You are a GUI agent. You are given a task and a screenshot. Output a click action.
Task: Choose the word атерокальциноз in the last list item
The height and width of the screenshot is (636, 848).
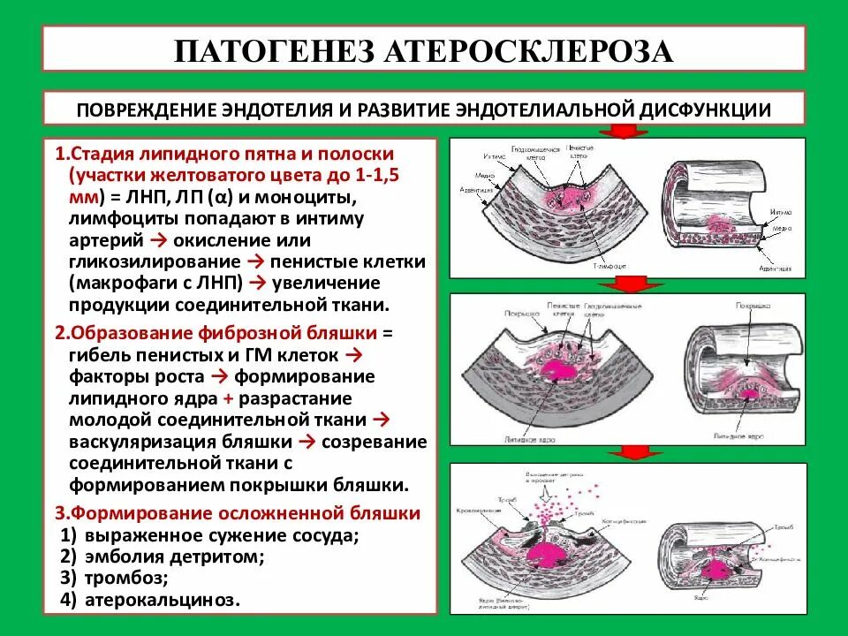click(x=163, y=600)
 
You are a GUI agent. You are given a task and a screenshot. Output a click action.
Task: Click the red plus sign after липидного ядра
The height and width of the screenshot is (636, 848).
click(x=225, y=397)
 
